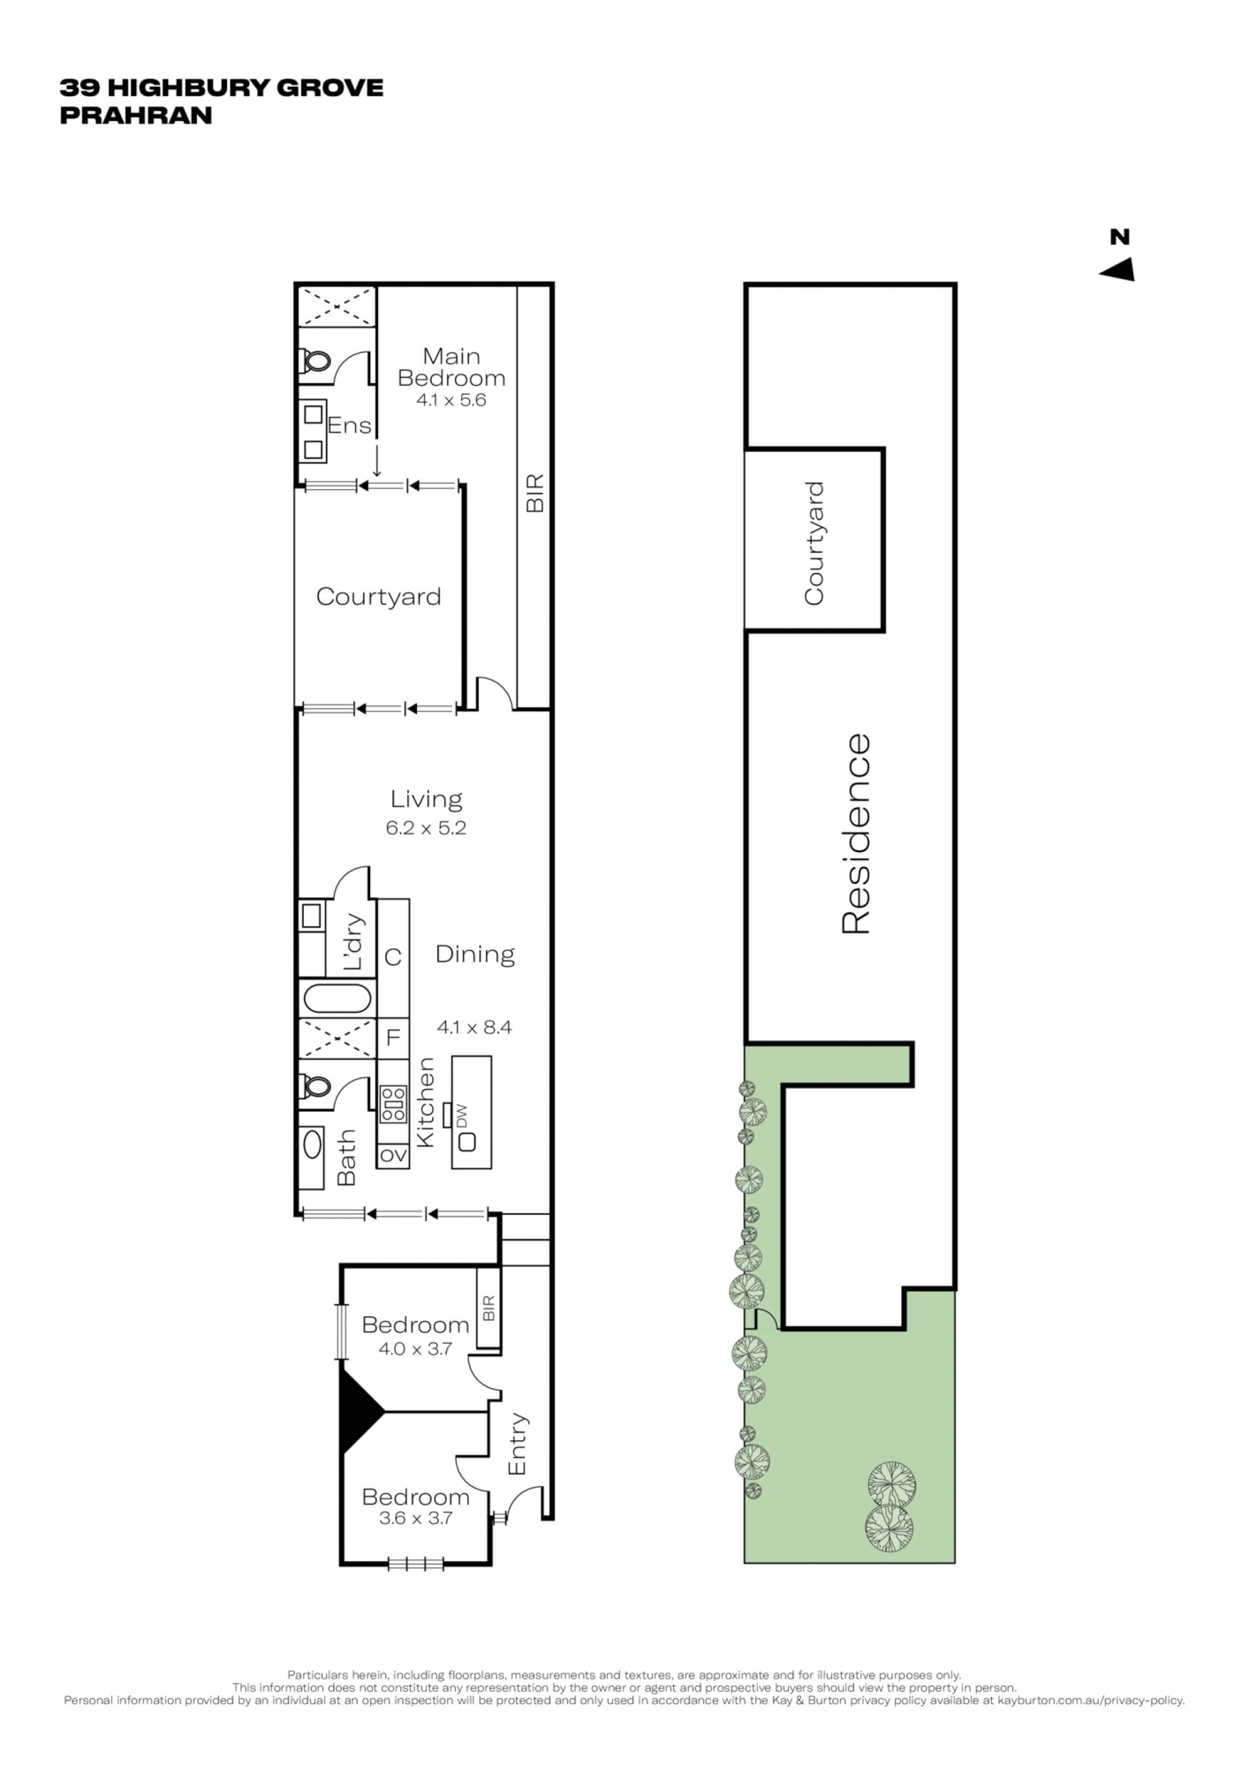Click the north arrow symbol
1120,270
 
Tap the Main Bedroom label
451,367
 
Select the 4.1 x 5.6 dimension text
451,400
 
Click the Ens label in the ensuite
349,425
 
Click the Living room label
426,800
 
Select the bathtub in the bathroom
338,998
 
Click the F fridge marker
393,1037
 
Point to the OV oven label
393,1155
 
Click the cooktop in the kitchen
393,1103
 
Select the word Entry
517,1444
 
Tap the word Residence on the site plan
855,835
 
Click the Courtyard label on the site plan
814,544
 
